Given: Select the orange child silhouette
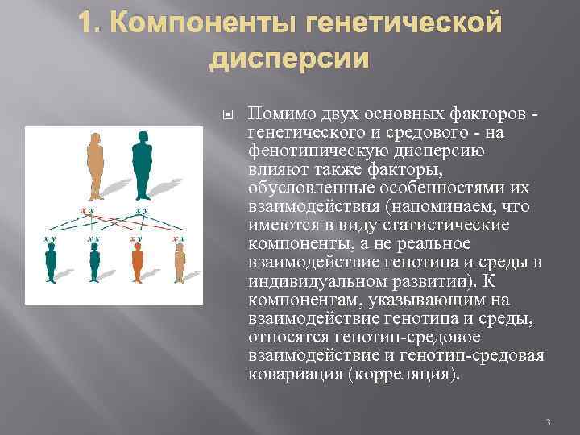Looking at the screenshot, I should tap(137, 262).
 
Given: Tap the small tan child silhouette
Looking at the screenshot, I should tap(180, 261).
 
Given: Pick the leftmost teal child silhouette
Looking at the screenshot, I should tap(52, 262).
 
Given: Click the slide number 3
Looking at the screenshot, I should tap(547, 422).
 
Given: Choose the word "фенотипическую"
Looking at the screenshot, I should tap(312, 151).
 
